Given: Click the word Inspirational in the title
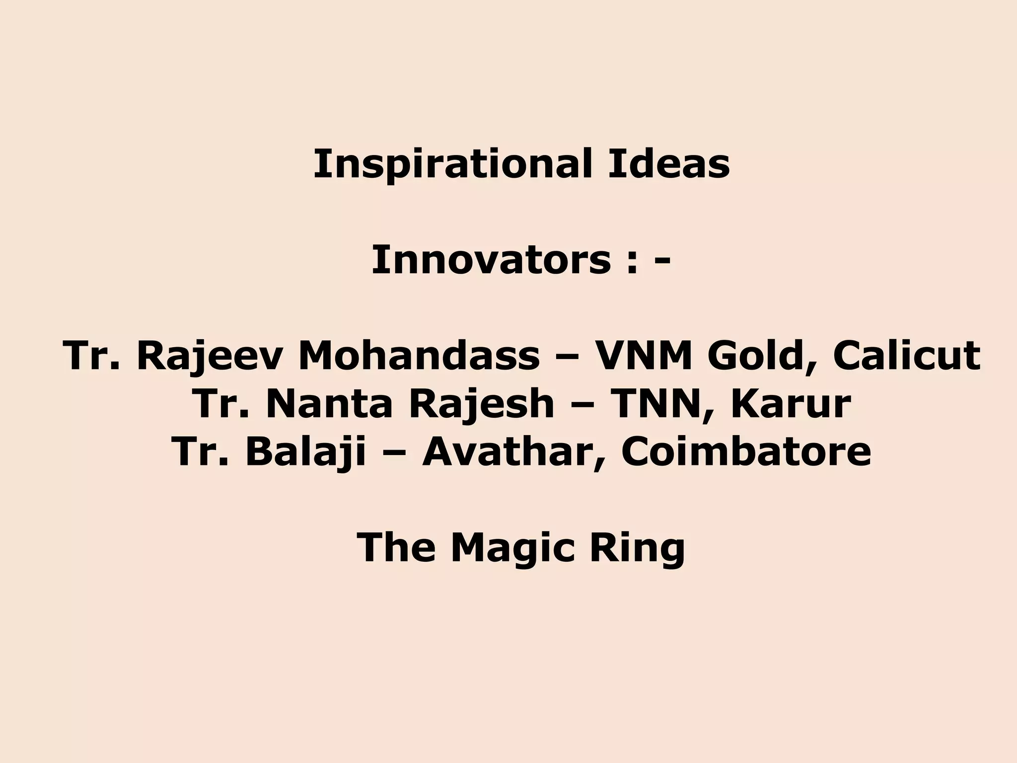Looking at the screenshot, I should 453,164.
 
